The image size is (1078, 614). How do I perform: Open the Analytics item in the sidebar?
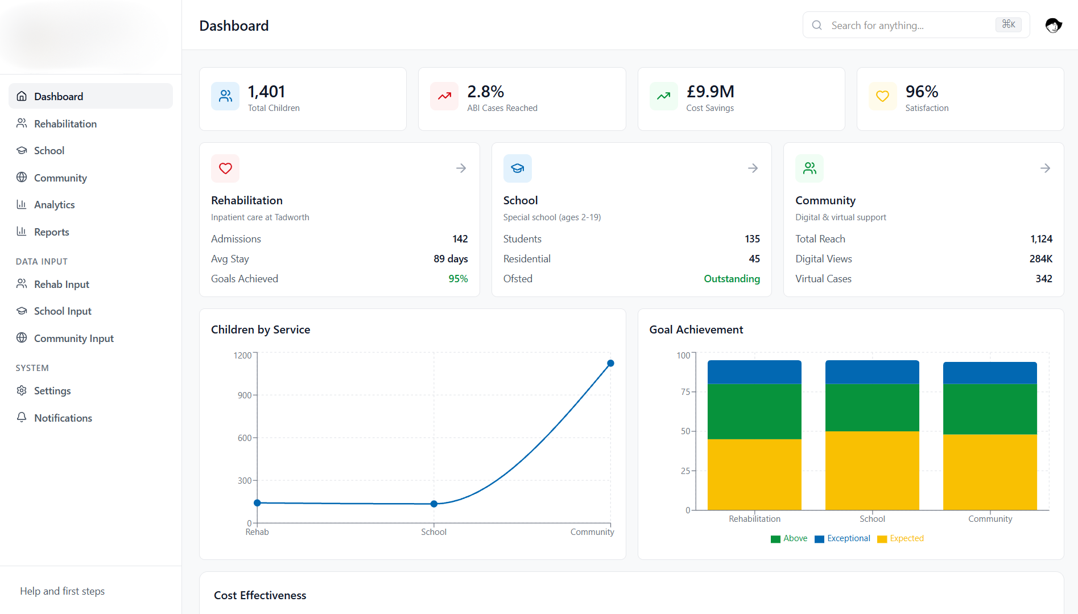54,205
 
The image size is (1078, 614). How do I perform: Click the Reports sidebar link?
51,232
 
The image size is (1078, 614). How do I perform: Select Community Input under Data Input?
73,339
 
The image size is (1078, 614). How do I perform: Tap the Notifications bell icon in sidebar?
22,418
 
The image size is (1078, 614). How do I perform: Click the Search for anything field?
910,25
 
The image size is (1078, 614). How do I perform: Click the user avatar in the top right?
1053,25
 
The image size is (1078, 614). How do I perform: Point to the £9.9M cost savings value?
710,92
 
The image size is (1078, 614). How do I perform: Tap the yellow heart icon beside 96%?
882,96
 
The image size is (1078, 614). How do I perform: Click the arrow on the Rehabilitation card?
461,168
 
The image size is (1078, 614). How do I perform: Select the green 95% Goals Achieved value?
458,279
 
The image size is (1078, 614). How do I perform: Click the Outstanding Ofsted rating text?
732,279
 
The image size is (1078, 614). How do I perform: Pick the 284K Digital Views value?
1040,259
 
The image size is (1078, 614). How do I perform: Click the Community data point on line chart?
610,363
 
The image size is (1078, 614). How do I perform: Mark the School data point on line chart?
434,504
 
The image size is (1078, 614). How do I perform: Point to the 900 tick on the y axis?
245,395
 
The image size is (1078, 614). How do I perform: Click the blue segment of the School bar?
872,372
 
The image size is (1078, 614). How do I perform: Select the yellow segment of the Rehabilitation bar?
754,474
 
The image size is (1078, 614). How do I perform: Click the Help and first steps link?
62,591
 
